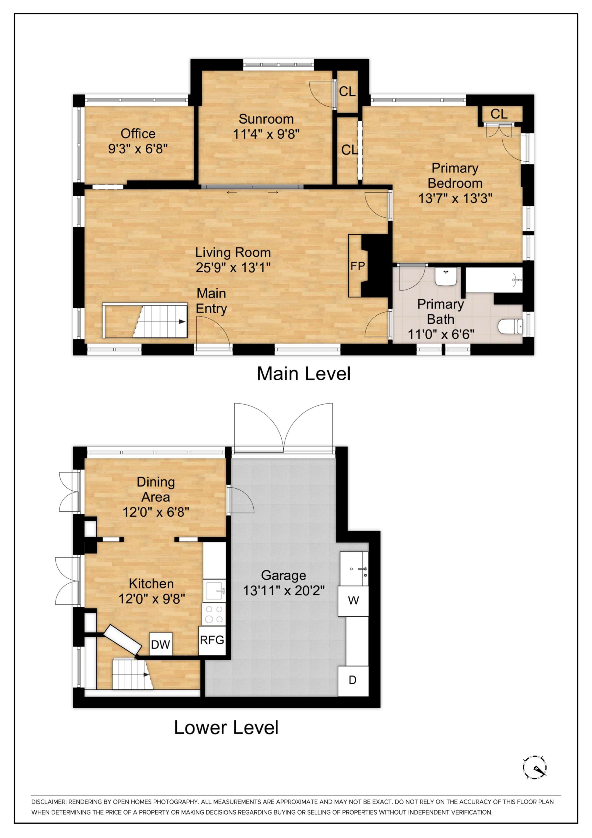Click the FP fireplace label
(x=357, y=266)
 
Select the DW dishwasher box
(x=160, y=644)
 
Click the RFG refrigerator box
(x=212, y=640)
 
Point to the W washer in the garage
(x=353, y=600)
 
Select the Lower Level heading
(x=226, y=727)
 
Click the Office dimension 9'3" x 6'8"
(x=138, y=149)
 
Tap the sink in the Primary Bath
(x=445, y=277)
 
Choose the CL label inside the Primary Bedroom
(x=499, y=114)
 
